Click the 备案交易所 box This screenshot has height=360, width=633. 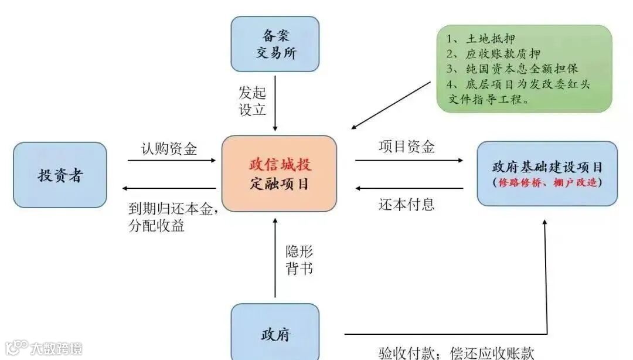[x=275, y=44]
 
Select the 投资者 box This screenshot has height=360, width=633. [x=60, y=175]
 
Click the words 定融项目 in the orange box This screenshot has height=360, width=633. [x=278, y=185]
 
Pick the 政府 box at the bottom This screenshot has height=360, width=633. [x=275, y=334]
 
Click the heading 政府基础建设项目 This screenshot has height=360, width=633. [x=547, y=167]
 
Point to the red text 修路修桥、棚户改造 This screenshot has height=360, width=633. [x=547, y=182]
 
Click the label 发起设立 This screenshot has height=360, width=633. [x=253, y=101]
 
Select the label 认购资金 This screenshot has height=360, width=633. [x=169, y=148]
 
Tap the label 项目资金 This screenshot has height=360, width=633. [x=407, y=147]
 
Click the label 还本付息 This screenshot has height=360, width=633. [x=407, y=204]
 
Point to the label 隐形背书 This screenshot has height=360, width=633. [x=300, y=260]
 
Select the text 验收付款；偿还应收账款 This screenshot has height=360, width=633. [x=456, y=352]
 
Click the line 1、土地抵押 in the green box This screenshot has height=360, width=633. [x=481, y=39]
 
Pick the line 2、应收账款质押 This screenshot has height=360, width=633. [x=494, y=55]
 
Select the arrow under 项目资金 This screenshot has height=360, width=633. [x=409, y=160]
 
